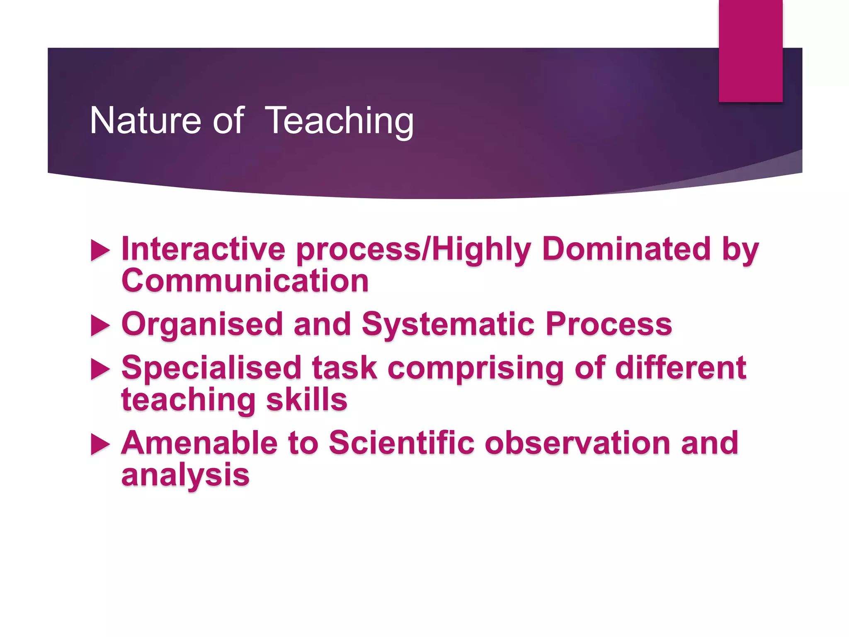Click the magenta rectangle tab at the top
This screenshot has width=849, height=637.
[x=750, y=51]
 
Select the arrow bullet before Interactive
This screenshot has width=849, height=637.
[x=100, y=250]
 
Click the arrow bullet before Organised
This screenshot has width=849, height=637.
[x=100, y=325]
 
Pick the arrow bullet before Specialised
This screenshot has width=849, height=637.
[x=100, y=369]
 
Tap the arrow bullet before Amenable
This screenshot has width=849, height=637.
[x=100, y=444]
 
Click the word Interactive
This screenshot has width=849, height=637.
[x=203, y=249]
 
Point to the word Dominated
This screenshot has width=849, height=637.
[x=626, y=249]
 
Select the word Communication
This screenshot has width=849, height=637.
[x=245, y=281]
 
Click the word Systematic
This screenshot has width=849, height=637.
[x=448, y=324]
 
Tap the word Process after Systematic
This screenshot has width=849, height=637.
[x=609, y=324]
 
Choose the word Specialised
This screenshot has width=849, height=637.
[x=211, y=368]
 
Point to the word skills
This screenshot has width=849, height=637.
[x=306, y=400]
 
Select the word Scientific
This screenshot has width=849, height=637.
[x=401, y=443]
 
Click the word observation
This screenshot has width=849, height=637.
[x=577, y=443]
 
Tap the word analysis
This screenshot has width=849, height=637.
[x=185, y=475]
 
